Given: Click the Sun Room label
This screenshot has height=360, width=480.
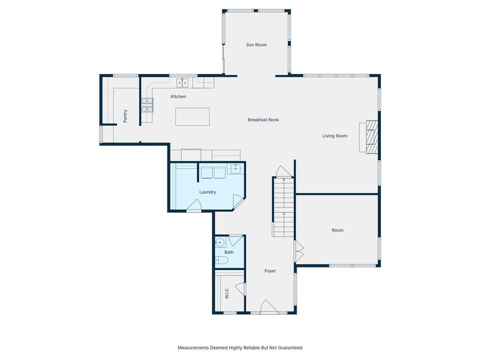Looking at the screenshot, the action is click(256, 45).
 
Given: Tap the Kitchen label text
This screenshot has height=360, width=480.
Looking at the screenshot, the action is click(178, 97).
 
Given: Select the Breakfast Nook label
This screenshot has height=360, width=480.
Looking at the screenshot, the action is click(263, 120).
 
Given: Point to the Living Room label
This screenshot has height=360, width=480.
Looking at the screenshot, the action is click(335, 136).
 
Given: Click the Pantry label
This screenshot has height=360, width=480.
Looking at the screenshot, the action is click(125, 116).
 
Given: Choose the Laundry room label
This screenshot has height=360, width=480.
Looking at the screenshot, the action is click(208, 192).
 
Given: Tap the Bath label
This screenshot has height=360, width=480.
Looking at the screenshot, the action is click(229, 252).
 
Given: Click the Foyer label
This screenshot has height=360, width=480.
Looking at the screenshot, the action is click(270, 271).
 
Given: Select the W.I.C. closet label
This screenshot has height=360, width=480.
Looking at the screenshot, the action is click(227, 293).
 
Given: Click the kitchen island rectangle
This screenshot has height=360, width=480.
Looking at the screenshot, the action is click(193, 117).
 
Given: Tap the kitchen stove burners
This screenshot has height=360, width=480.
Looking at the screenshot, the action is click(147, 105).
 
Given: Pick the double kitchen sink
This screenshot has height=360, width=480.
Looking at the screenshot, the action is click(182, 83).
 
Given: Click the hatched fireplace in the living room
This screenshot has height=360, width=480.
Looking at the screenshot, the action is click(372, 137).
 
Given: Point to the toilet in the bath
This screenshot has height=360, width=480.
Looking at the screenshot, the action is click(222, 261).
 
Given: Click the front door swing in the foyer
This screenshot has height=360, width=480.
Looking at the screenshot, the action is click(269, 307).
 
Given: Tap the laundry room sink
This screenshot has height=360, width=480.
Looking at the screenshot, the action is click(235, 169).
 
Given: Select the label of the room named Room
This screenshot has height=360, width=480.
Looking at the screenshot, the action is click(337, 230).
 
